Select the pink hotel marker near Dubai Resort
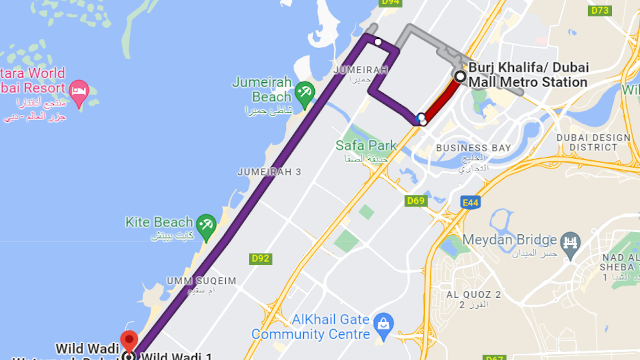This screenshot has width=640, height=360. [x=79, y=91]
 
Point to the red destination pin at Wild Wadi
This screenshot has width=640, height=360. [x=129, y=340]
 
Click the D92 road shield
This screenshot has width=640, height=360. [x=260, y=258]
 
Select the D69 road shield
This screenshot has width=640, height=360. [x=416, y=201]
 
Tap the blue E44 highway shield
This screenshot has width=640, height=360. [x=471, y=202]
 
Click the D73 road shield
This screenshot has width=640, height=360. [x=600, y=10]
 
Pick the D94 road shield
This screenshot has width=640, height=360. [x=391, y=3]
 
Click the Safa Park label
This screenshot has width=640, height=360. [x=366, y=145]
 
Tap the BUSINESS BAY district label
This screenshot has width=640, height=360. [x=473, y=148]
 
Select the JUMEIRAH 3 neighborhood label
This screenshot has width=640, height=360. [x=269, y=172]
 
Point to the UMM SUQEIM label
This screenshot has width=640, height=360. [x=202, y=281]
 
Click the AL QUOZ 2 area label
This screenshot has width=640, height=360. [x=473, y=294]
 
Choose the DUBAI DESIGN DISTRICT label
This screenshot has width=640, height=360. [x=593, y=143]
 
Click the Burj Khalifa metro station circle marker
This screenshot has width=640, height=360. [x=460, y=77]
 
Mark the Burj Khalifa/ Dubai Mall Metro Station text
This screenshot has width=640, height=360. [x=528, y=75]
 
